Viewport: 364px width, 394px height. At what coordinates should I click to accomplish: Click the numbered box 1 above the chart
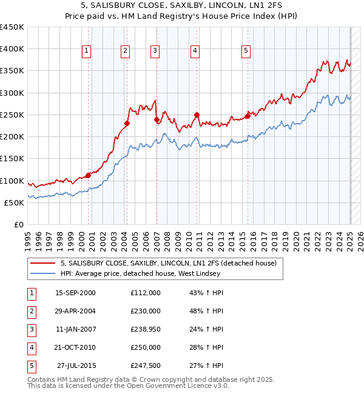point(87,52)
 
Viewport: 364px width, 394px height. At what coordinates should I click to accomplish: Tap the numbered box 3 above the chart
point(155,52)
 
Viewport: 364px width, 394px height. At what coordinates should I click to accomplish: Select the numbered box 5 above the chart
point(246,52)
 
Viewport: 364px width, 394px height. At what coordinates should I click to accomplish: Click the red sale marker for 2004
point(127,124)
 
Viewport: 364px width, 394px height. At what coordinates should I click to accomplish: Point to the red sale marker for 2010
point(197,115)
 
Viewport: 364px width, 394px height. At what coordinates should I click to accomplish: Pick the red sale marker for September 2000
point(89,175)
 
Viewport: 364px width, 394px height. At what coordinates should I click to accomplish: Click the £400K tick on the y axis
point(12,49)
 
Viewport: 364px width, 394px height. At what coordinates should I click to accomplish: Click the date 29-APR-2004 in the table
point(75,311)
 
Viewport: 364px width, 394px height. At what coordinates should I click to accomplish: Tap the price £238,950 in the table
point(146,329)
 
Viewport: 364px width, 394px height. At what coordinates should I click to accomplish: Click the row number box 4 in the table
point(32,347)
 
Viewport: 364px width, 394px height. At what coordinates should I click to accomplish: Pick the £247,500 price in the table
point(146,366)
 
